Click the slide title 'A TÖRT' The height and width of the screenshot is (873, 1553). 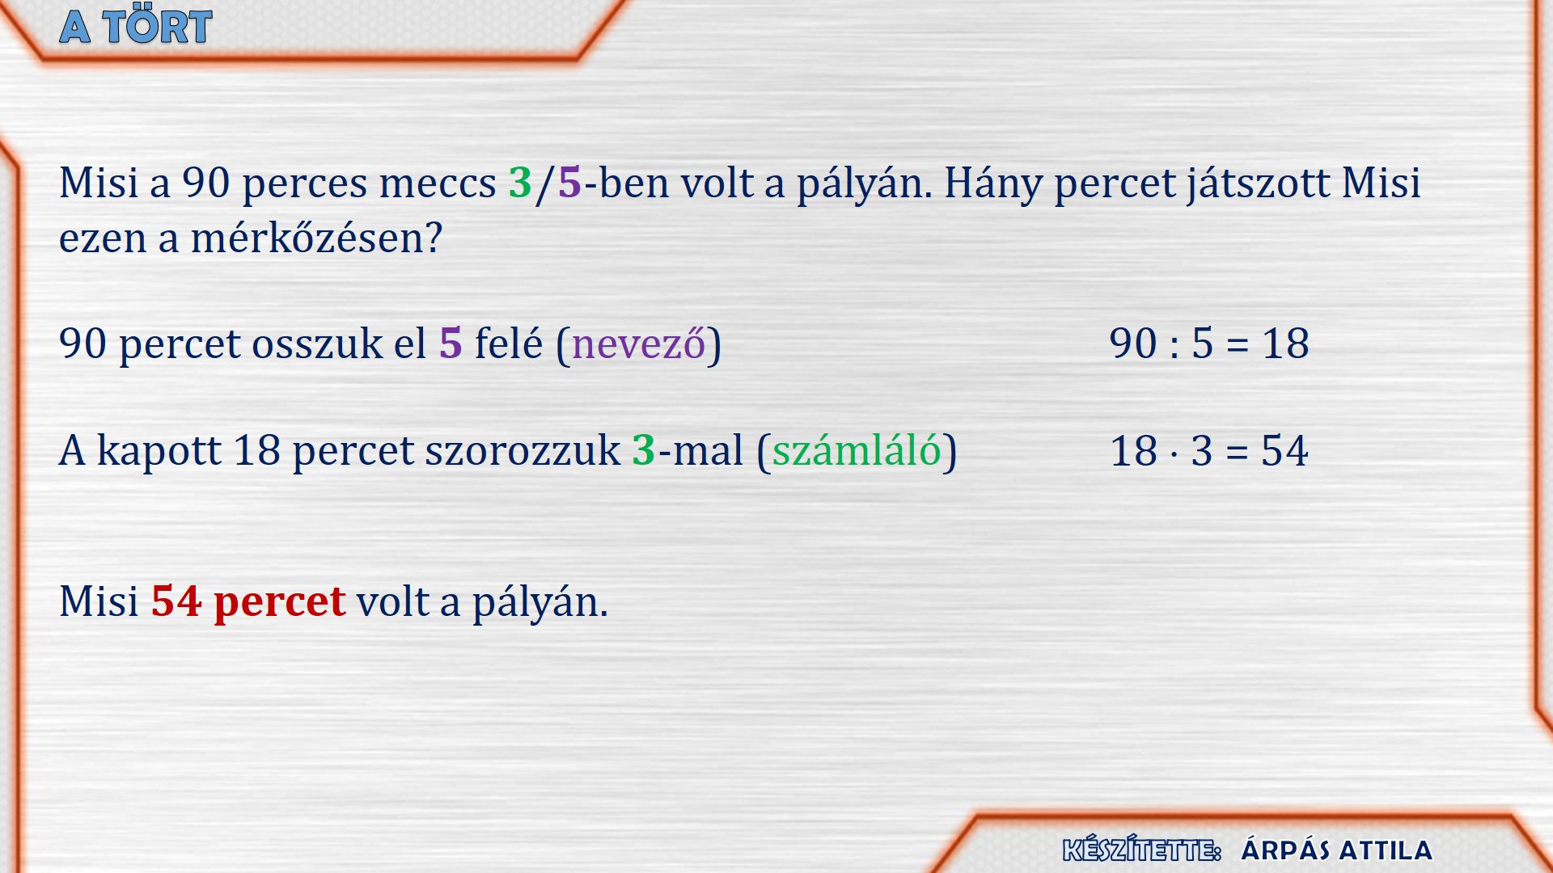click(x=136, y=27)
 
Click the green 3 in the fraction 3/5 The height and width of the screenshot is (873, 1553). click(x=520, y=183)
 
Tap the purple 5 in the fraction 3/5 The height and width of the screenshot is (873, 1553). click(x=569, y=183)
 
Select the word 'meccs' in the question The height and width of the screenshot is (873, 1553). click(x=438, y=184)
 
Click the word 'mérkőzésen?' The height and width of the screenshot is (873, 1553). click(x=316, y=238)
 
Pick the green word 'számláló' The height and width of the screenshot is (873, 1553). click(x=857, y=450)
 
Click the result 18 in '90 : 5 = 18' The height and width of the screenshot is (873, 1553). click(x=1285, y=344)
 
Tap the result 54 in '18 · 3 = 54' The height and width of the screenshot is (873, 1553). click(x=1284, y=451)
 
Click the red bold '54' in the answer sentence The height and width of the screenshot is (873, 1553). click(x=176, y=601)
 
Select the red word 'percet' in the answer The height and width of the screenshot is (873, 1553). click(x=280, y=604)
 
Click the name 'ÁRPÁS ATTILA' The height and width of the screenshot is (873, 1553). click(x=1336, y=850)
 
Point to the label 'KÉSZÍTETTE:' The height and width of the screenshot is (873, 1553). click(x=1141, y=850)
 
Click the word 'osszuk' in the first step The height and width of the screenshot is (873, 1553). click(x=317, y=344)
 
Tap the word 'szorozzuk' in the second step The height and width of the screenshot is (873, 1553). click(x=523, y=451)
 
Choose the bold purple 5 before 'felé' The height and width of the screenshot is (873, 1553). click(x=451, y=344)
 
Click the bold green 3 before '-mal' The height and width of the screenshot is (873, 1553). click(x=643, y=450)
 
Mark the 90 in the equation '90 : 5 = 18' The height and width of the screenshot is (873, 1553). click(x=1133, y=344)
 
